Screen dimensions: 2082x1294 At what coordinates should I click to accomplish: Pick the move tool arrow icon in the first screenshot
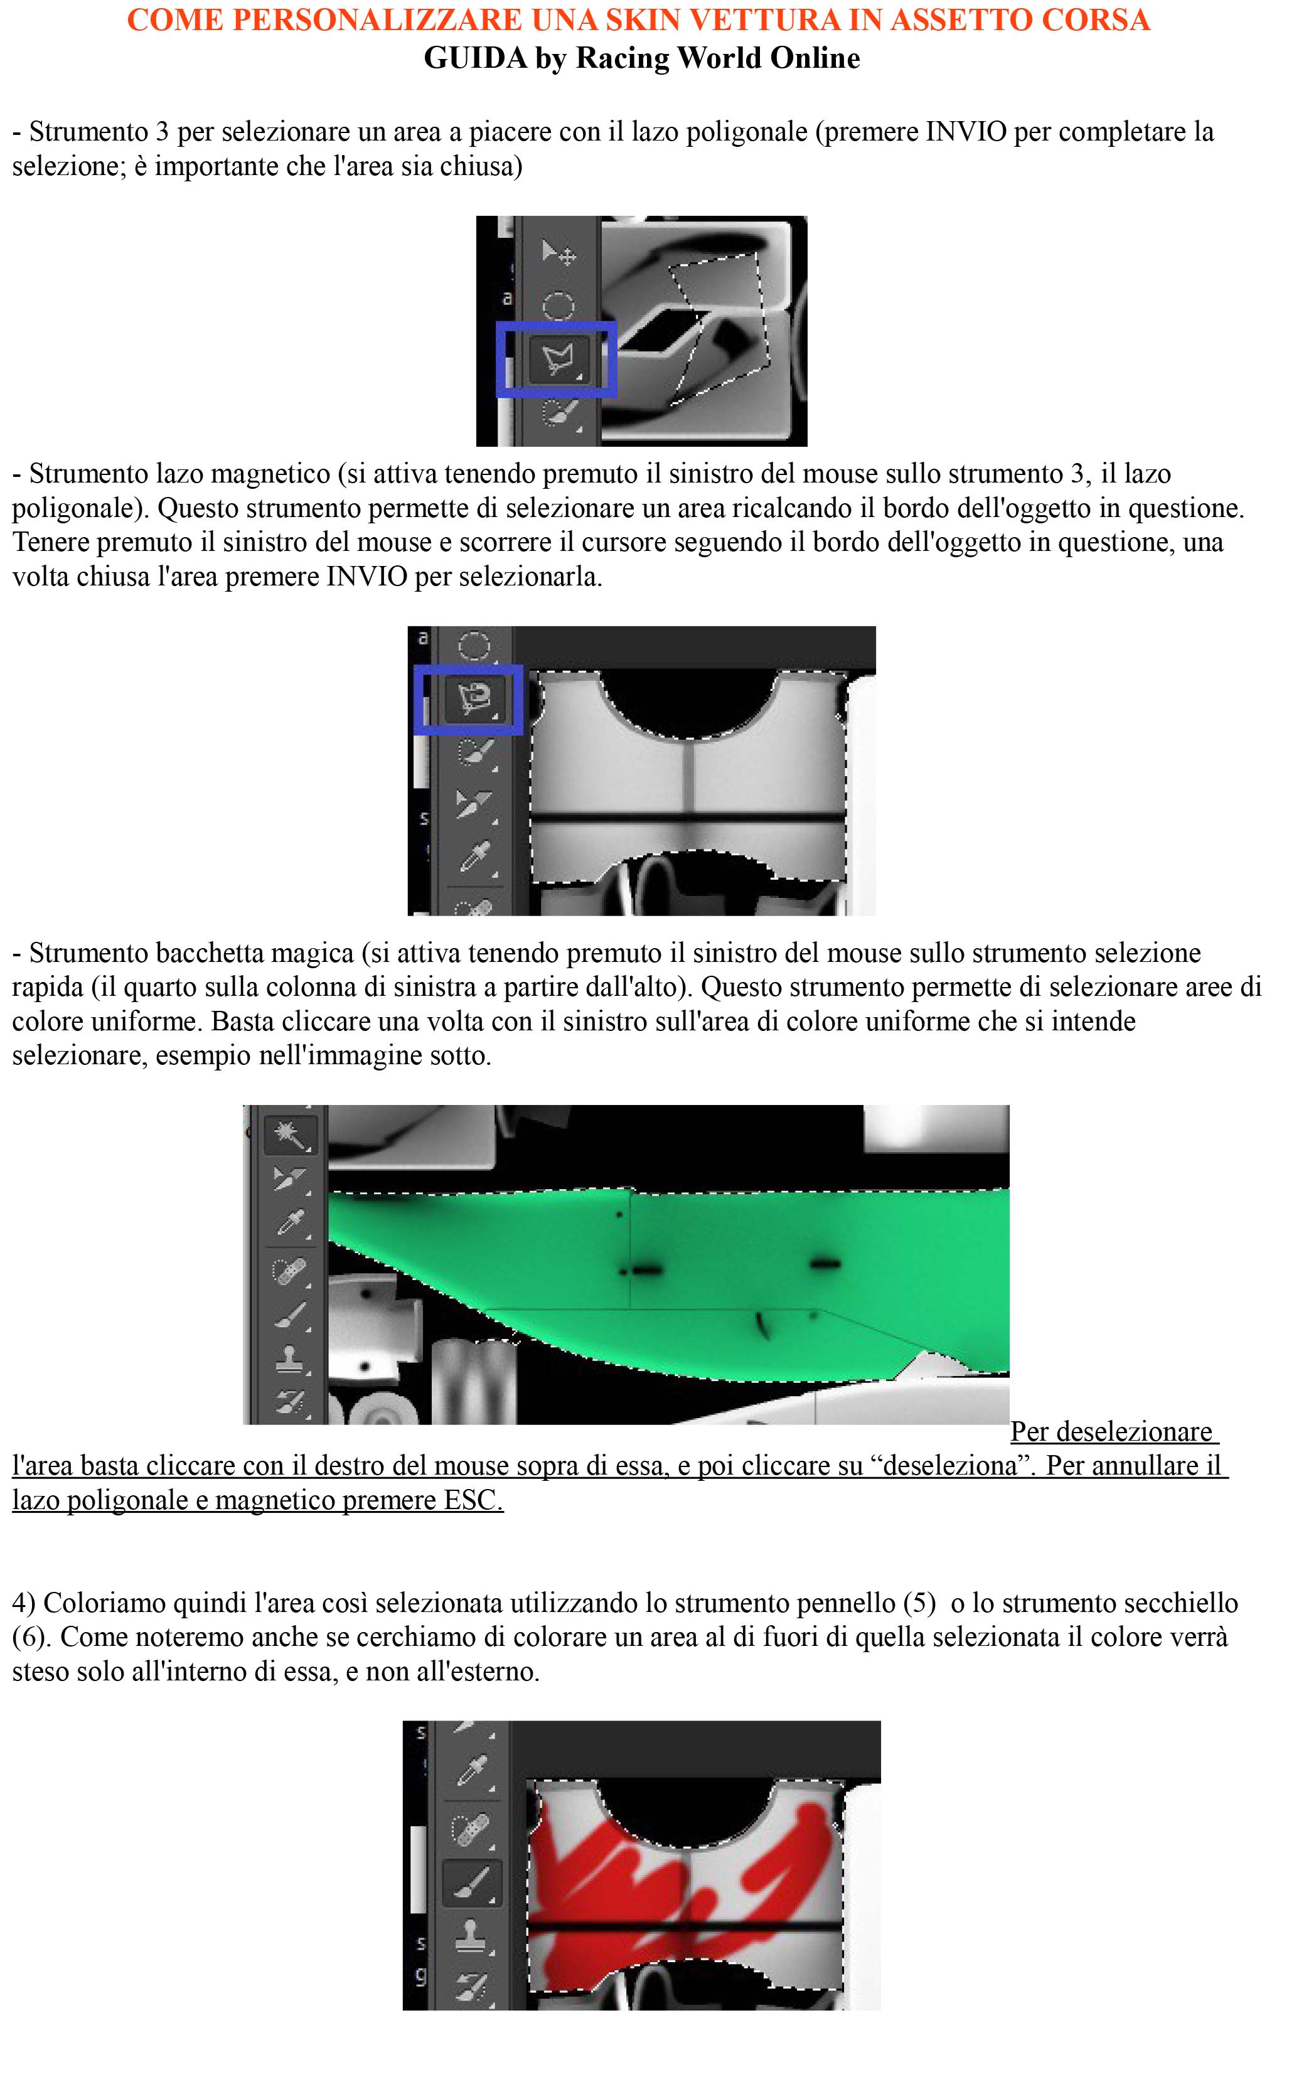559,254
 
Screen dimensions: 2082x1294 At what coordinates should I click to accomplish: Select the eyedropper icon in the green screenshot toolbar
290,1223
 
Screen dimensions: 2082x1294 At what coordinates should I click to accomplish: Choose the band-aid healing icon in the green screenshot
289,1273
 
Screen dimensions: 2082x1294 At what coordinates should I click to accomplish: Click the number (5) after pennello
919,1603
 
